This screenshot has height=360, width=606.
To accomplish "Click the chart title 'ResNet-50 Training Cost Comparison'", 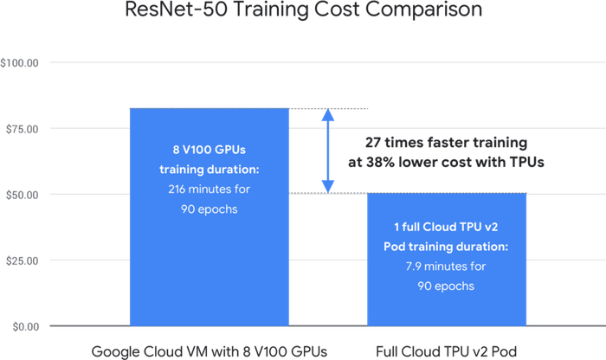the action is pyautogui.click(x=303, y=10).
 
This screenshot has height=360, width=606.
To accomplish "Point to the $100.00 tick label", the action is pyautogui.click(x=19, y=63).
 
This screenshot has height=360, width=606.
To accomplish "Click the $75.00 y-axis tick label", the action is pyautogui.click(x=22, y=129).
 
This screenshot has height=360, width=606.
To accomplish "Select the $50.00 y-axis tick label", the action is pyautogui.click(x=22, y=195).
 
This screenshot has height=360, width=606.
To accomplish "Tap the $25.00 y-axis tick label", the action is pyautogui.click(x=22, y=261).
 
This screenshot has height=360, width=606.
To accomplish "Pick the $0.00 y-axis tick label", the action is pyautogui.click(x=25, y=327).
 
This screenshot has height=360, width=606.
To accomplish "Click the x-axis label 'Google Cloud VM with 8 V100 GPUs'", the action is pyautogui.click(x=210, y=352).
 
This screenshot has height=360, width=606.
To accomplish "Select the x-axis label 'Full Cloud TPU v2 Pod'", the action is pyautogui.click(x=447, y=352).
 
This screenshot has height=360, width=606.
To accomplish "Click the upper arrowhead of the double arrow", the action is pyautogui.click(x=328, y=115).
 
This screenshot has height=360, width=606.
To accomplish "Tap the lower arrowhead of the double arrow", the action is pyautogui.click(x=328, y=187).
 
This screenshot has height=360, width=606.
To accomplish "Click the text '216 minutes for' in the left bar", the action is pyautogui.click(x=210, y=190).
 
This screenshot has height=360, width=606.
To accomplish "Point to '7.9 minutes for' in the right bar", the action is pyautogui.click(x=446, y=267).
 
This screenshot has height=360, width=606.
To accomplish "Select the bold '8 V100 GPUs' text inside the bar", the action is pyautogui.click(x=210, y=150).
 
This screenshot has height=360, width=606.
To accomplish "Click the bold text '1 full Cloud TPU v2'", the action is pyautogui.click(x=446, y=227).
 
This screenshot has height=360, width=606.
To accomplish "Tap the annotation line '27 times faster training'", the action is pyautogui.click(x=447, y=143).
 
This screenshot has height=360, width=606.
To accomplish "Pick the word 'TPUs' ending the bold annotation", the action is pyautogui.click(x=526, y=162).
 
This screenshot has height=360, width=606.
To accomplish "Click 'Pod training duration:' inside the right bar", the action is pyautogui.click(x=446, y=247).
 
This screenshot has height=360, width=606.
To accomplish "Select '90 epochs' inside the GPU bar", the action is pyautogui.click(x=210, y=209).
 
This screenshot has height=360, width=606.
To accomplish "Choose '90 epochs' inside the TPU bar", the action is pyautogui.click(x=446, y=286).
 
